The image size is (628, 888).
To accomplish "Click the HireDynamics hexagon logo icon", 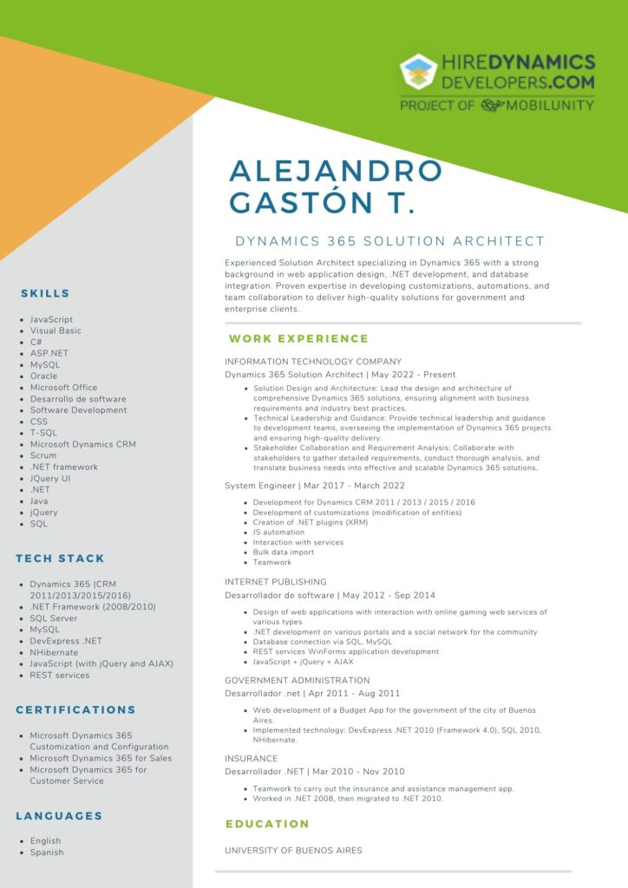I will coord(419,73).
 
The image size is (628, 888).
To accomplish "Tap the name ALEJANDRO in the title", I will coord(336,171).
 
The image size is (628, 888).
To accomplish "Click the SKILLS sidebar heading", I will coord(45,293).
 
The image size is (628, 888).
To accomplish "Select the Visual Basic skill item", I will coord(56,330).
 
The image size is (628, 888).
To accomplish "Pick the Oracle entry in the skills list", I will coord(43,376).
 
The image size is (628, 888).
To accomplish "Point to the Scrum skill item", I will coord(43,455).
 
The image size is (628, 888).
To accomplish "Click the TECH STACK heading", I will coord(60,558).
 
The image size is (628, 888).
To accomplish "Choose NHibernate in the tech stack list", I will coord(54,652).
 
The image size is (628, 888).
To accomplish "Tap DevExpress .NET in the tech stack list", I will coord(66,641).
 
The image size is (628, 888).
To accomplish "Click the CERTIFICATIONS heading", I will coord(75,709).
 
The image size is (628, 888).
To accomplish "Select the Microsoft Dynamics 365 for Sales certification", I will coord(101,758).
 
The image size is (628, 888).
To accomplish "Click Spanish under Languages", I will coord(47,852).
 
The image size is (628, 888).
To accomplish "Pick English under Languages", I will coord(45,840).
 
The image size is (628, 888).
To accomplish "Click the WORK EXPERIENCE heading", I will coord(298,338).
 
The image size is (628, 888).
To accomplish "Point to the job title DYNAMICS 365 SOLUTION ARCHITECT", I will coord(390,241).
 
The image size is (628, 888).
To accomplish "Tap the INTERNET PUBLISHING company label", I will coord(276,582).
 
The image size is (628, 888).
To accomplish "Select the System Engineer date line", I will coord(315,486).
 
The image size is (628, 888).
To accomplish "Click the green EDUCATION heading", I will coord(267,824).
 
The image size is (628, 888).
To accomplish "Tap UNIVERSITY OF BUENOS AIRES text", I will coord(293,851).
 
